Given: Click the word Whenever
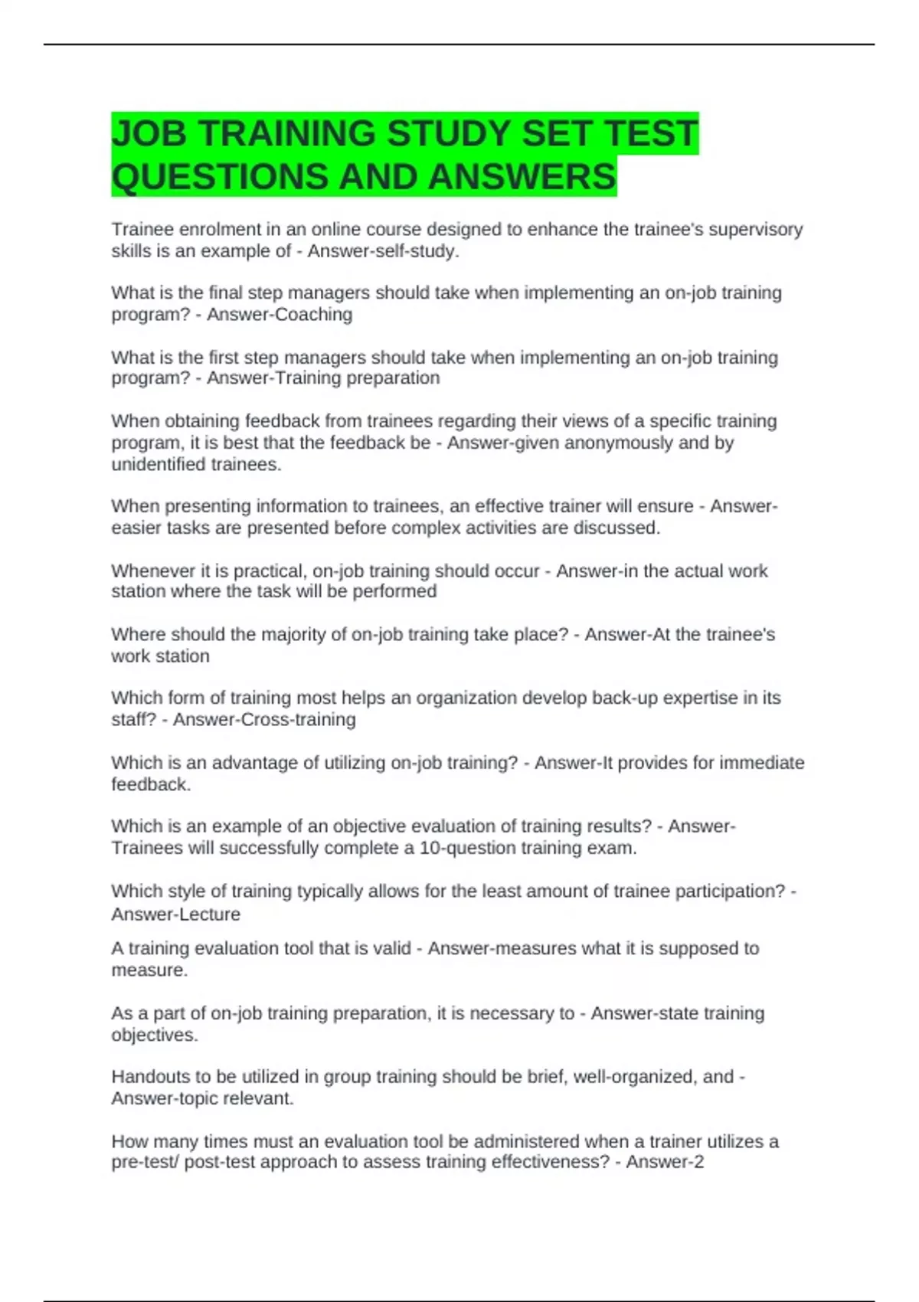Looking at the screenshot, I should click(153, 571).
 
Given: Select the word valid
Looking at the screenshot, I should click(392, 948).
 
